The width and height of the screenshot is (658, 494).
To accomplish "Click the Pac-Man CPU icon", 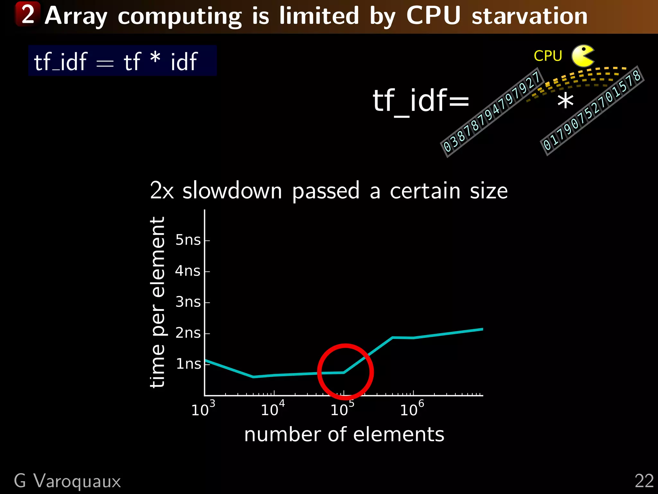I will click(582, 56).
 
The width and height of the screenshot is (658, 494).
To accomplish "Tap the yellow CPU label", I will click(548, 56).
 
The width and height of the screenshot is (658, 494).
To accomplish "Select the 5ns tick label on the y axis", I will click(188, 240).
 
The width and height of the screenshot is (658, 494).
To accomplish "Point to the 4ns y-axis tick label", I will click(188, 271).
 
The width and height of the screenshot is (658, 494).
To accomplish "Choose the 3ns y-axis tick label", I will click(188, 302).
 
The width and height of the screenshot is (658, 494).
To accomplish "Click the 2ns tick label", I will click(188, 333).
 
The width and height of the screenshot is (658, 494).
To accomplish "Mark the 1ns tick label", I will click(188, 364).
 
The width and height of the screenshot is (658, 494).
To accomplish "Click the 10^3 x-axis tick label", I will click(203, 409).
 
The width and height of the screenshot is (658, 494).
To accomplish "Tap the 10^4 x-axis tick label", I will click(272, 409).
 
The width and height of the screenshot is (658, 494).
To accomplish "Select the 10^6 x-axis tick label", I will click(412, 409).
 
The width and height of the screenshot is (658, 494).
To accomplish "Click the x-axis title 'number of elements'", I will click(344, 435).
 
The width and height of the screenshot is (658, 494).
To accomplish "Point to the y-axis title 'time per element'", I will click(157, 302).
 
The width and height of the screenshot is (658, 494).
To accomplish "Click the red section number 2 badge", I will click(28, 14).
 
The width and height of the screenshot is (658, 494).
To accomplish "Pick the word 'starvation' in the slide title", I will click(529, 16).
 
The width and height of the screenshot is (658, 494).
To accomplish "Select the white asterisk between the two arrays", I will click(565, 101).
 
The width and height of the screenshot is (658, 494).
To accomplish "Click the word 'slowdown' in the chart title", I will click(232, 191).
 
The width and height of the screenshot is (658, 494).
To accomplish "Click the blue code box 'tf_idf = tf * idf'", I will click(122, 61).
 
